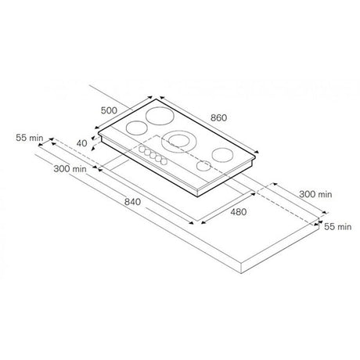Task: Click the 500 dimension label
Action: pyautogui.click(x=109, y=110)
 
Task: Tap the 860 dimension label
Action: pyautogui.click(x=218, y=117)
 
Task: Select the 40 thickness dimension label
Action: pyautogui.click(x=81, y=143)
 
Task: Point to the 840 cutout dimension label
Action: pyautogui.click(x=132, y=202)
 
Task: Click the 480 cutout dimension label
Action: pyautogui.click(x=239, y=212)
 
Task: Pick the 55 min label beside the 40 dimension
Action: pyautogui.click(x=30, y=138)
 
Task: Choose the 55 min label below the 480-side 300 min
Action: pyautogui.click(x=338, y=227)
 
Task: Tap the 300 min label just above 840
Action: pyautogui.click(x=70, y=169)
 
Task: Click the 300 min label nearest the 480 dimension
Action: pyautogui.click(x=315, y=194)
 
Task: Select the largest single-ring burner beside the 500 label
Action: pyautogui.click(x=160, y=116)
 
